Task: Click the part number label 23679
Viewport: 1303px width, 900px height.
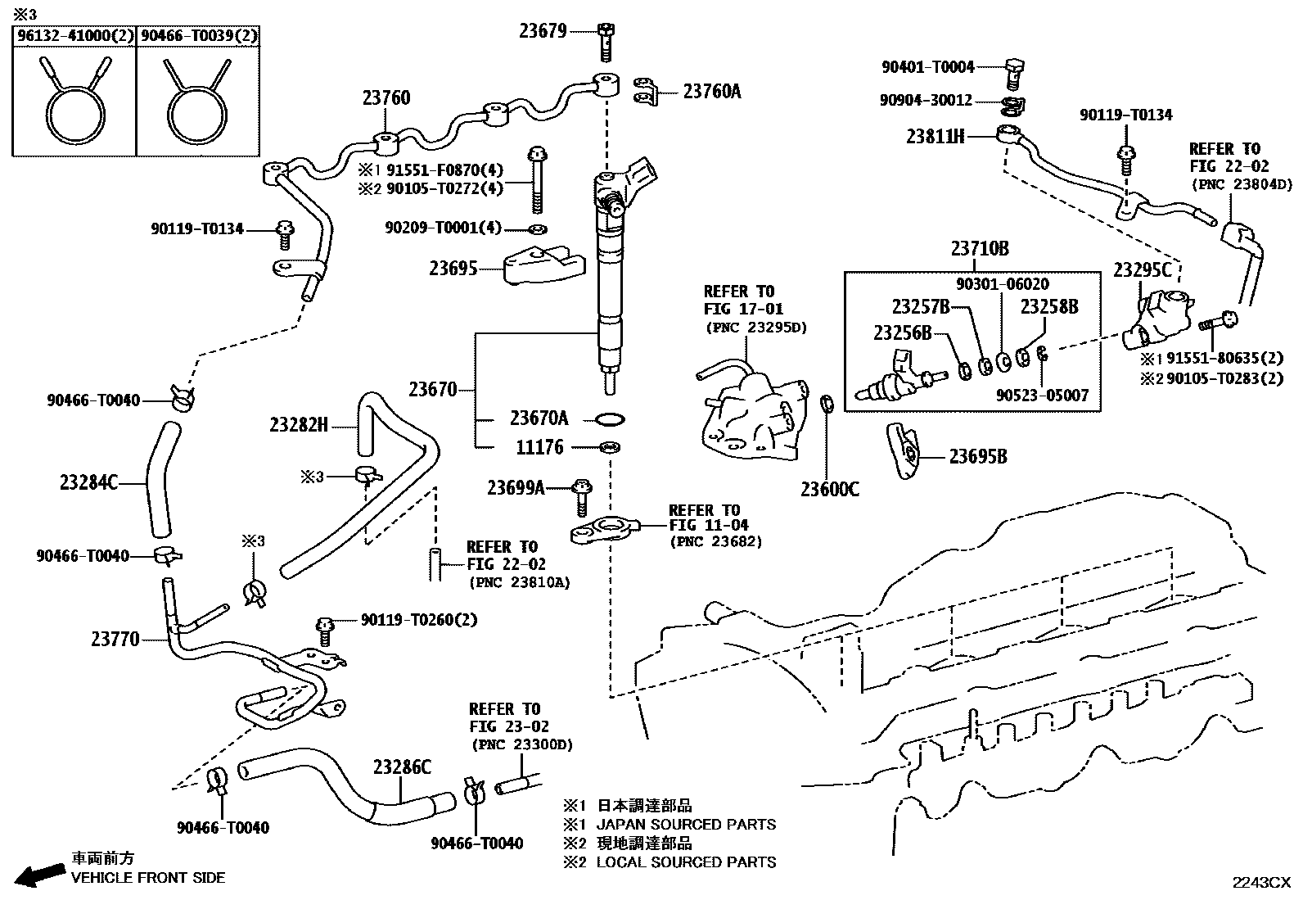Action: coord(543,31)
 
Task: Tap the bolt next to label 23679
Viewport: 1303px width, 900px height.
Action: coord(606,42)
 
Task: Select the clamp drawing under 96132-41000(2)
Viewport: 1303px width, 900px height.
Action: coord(75,99)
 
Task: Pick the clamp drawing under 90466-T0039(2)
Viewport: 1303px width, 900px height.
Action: coord(197,99)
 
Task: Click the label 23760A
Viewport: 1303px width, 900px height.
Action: coord(712,92)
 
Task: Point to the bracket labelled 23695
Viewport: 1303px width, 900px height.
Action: coord(544,265)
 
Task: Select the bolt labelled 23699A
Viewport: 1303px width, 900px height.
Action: coord(582,498)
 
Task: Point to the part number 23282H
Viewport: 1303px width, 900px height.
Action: coord(299,425)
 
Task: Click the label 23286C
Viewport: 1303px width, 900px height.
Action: coord(402,767)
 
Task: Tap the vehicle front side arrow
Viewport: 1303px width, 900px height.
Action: coord(39,874)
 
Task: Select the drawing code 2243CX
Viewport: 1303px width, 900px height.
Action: coord(1261,883)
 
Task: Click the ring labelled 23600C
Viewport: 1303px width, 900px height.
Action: coord(827,404)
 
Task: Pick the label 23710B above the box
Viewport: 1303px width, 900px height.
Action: coord(980,249)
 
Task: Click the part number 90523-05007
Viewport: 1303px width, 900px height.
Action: coord(1042,396)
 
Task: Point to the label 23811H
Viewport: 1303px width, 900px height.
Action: coord(935,136)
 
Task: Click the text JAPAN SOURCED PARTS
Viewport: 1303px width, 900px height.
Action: coord(686,825)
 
